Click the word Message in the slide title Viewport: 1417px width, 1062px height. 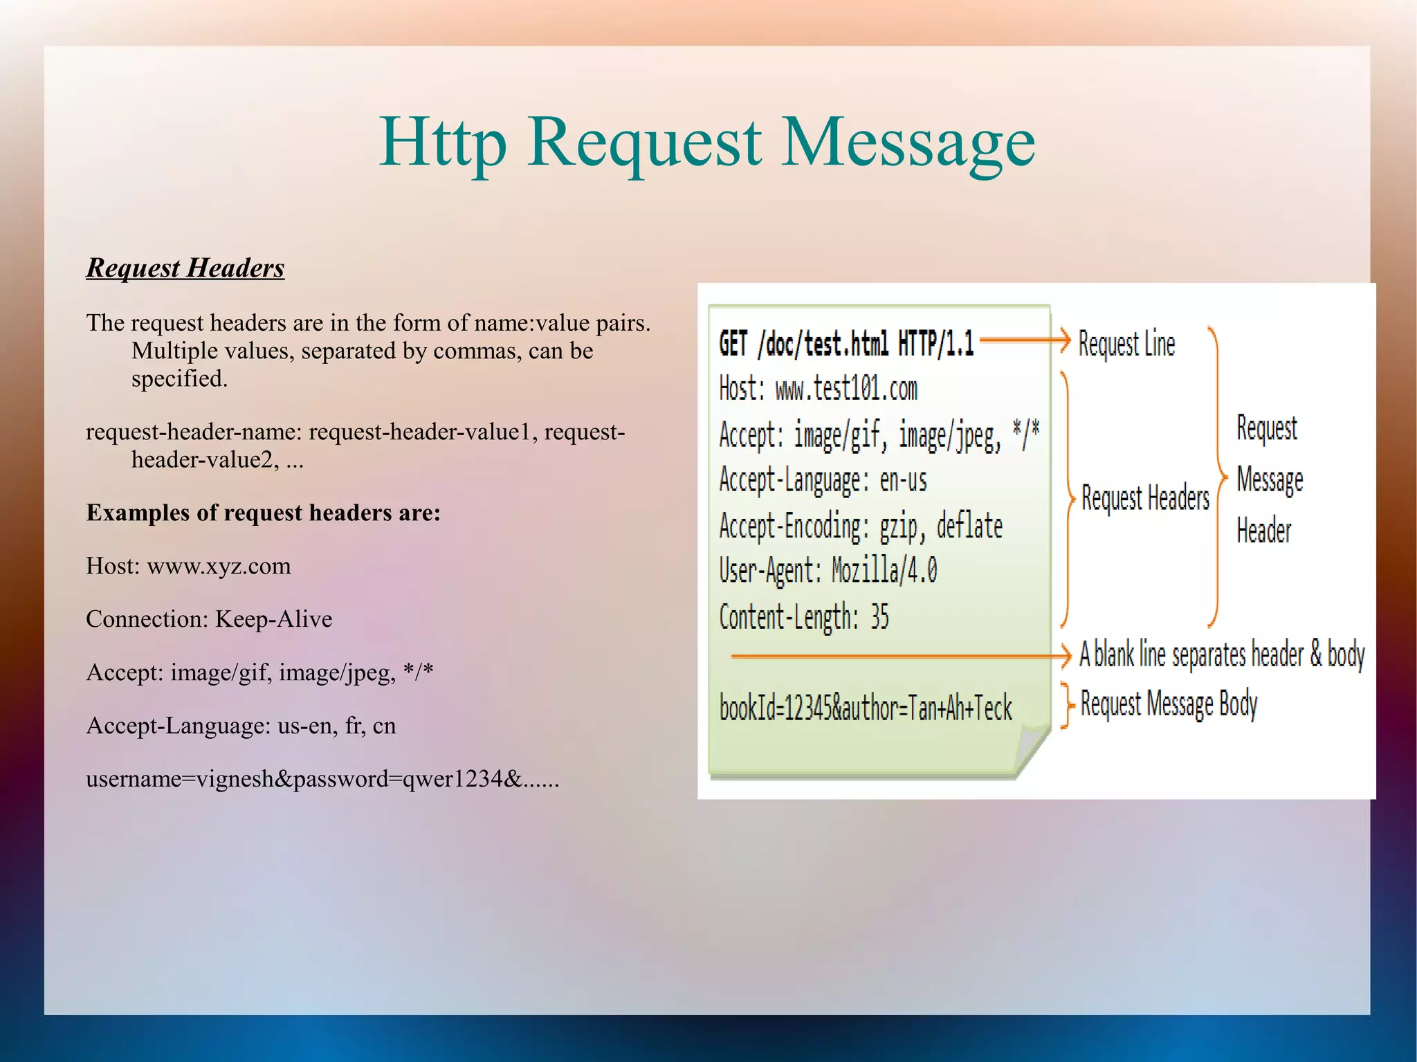pos(908,143)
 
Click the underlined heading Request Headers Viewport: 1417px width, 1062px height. pos(185,268)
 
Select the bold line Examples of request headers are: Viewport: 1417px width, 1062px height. pos(263,513)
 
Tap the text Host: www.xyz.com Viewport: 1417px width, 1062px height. pos(188,566)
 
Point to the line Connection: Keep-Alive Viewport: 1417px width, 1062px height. pos(209,619)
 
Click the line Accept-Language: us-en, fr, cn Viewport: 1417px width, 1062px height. pos(241,726)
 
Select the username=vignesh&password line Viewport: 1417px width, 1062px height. pos(322,779)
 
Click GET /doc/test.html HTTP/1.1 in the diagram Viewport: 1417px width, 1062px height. pos(846,344)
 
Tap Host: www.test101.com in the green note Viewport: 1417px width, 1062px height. pos(818,389)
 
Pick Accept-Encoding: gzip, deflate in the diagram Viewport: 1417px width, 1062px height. pos(861,526)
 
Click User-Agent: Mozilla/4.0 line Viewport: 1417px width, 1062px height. pos(828,571)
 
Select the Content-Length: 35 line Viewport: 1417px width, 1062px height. pos(804,616)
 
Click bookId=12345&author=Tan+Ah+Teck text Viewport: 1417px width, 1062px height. pos(866,708)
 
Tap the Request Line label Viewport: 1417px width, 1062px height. pos(1126,344)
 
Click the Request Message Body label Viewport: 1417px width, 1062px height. pos(1169,704)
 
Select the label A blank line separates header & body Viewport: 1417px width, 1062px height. pos(1222,654)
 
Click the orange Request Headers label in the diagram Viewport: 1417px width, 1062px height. pos(1145,497)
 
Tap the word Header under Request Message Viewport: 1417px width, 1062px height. pos(1263,531)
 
